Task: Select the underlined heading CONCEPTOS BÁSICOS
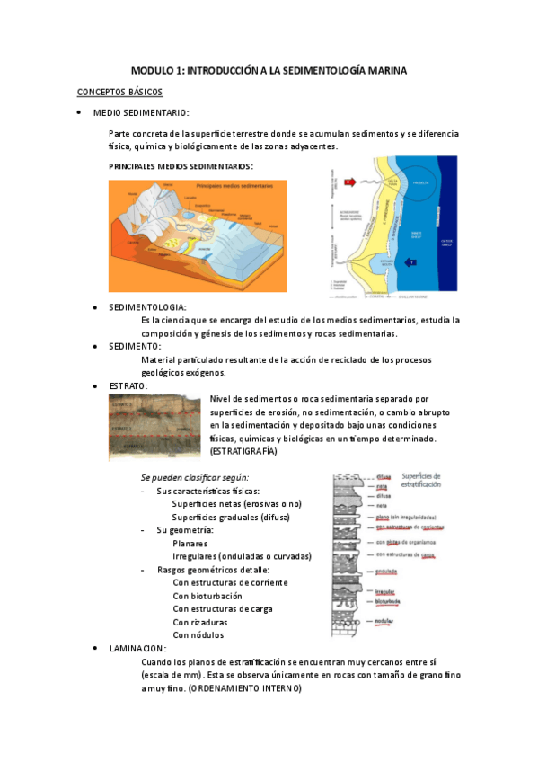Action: click(x=119, y=92)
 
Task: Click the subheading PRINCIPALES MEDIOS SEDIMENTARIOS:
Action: click(x=181, y=166)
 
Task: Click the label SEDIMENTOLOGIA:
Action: click(x=148, y=307)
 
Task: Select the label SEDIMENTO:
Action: click(x=136, y=346)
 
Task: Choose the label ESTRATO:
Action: click(x=128, y=385)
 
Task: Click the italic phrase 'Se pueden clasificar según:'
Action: click(x=195, y=477)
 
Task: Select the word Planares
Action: click(x=190, y=543)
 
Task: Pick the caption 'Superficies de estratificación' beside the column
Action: click(x=436, y=480)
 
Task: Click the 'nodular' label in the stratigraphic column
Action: click(x=385, y=621)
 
